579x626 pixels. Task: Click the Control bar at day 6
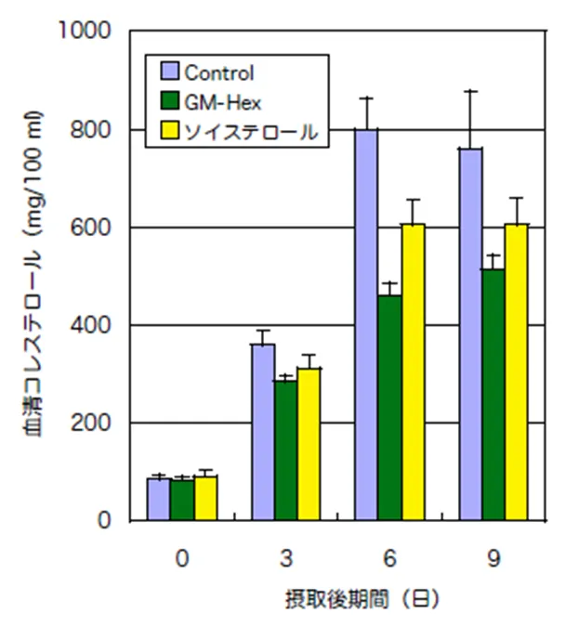pyautogui.click(x=366, y=325)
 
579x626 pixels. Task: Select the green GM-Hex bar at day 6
pyautogui.click(x=389, y=408)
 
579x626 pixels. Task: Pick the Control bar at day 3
pyautogui.click(x=262, y=432)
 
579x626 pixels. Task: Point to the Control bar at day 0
pyautogui.click(x=158, y=499)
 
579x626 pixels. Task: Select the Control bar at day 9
pyautogui.click(x=469, y=334)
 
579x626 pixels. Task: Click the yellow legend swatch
pyautogui.click(x=170, y=132)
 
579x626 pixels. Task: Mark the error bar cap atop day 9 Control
pyautogui.click(x=469, y=91)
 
